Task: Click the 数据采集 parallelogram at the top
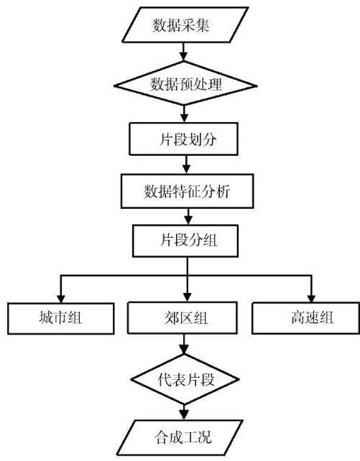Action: tap(185, 25)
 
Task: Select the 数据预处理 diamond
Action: tap(185, 84)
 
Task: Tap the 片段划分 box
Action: tap(183, 139)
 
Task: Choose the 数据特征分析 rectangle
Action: tap(187, 192)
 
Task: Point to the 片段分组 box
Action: tap(185, 241)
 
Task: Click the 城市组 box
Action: tap(60, 318)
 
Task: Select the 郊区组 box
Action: tap(183, 318)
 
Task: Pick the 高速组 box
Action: tap(305, 318)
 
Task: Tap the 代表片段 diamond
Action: tap(185, 379)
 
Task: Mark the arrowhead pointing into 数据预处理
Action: tap(183, 57)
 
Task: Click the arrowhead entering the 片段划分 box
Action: tap(184, 118)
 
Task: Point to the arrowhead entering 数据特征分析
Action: tap(187, 169)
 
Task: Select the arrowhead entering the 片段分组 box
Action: tap(188, 220)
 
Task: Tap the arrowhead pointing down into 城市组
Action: tap(60, 299)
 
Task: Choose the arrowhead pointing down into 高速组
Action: tap(311, 298)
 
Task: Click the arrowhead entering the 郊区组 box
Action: tap(188, 297)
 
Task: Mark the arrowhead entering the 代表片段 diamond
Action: tap(184, 350)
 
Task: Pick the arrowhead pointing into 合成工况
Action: tap(184, 416)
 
